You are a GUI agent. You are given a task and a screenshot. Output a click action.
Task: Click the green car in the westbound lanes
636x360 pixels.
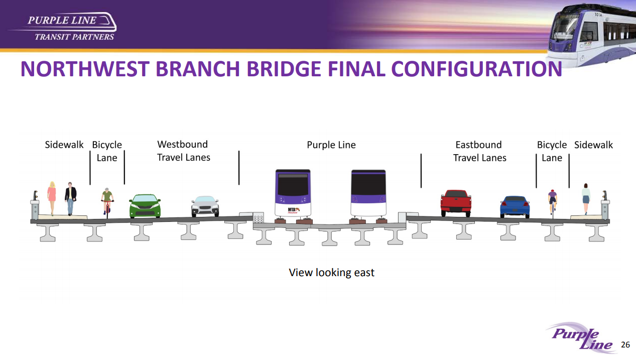(x=145, y=206)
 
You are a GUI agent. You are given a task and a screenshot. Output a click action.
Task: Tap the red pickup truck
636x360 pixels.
(x=456, y=203)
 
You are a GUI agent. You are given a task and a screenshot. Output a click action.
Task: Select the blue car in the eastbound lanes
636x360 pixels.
(x=515, y=207)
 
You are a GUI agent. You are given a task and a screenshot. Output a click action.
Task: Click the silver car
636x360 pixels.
(x=205, y=206)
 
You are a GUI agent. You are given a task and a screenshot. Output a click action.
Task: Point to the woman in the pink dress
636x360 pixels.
(x=52, y=198)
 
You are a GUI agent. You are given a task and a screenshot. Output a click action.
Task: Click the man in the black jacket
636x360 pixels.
(x=70, y=199)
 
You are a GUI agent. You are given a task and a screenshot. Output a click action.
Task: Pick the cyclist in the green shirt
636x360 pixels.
(x=107, y=203)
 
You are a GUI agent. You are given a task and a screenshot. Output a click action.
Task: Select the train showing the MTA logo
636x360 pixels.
(x=293, y=196)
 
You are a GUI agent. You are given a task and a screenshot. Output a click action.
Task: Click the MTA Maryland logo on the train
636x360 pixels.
(x=294, y=210)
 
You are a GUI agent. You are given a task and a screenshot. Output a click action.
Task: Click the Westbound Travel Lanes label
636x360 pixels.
(x=183, y=151)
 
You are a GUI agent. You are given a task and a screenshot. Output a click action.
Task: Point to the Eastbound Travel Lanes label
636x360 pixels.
(x=479, y=151)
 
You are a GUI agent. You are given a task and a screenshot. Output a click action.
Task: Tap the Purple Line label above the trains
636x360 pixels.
(x=331, y=145)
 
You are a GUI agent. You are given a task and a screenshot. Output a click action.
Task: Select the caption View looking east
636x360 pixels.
(x=331, y=273)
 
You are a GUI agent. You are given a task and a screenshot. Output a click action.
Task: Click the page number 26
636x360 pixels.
(x=625, y=344)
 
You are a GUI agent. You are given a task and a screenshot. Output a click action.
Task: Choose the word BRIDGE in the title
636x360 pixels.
(x=284, y=69)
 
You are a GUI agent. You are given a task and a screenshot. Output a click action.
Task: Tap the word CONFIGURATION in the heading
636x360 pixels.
(x=477, y=69)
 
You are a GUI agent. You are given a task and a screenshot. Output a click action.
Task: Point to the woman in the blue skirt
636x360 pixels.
(x=586, y=199)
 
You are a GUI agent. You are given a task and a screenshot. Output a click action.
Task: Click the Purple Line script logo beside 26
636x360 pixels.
(x=581, y=338)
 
